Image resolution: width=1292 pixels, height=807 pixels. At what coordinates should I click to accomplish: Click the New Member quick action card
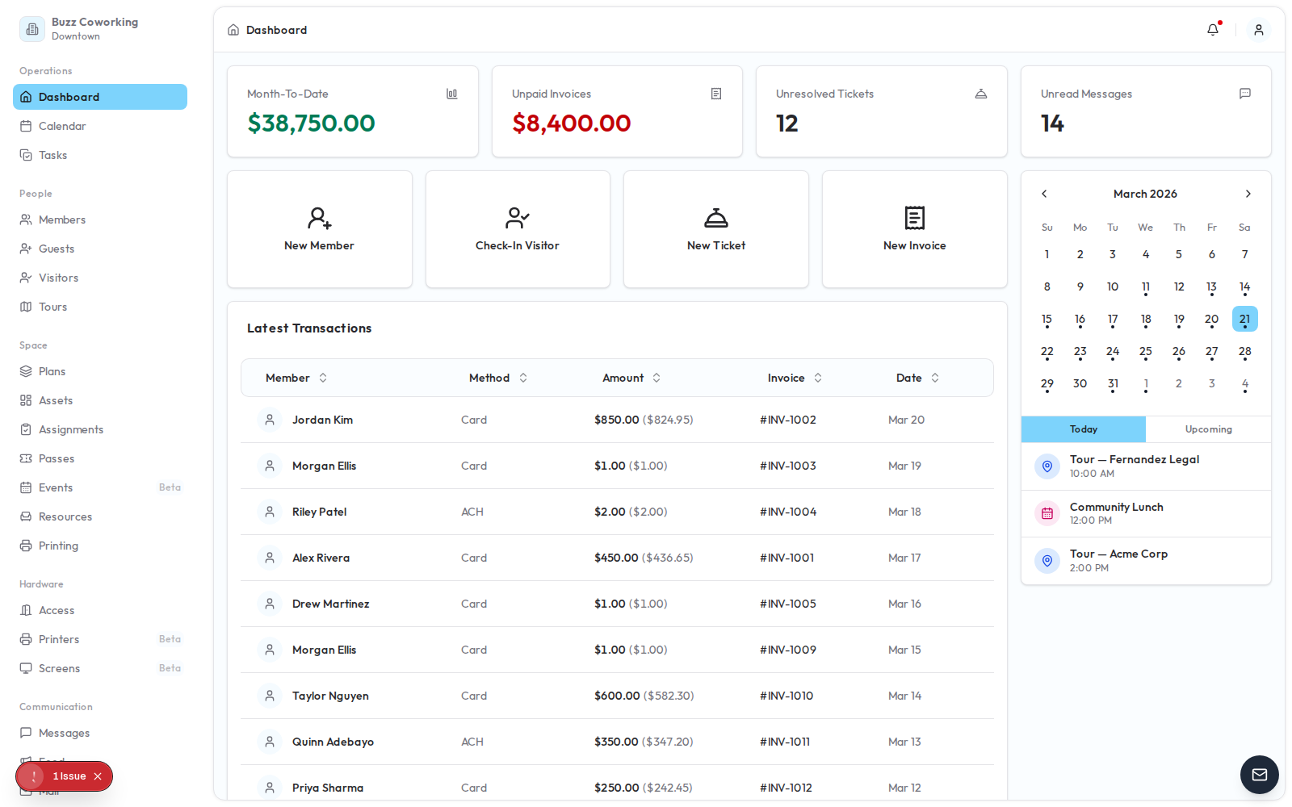click(x=319, y=229)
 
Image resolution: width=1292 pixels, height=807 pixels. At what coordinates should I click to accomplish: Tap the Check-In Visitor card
click(x=518, y=229)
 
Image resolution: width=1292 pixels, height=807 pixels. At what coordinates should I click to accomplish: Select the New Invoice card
click(x=914, y=229)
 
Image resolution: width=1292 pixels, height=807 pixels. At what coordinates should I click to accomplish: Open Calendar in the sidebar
click(x=62, y=126)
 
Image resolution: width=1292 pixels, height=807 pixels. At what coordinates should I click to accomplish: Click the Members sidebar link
click(x=62, y=220)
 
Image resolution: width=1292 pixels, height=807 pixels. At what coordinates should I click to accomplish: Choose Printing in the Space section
click(x=58, y=546)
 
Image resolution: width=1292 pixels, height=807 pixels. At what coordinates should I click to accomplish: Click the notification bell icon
click(x=1213, y=30)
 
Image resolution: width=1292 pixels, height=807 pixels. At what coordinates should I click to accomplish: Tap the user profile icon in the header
click(x=1258, y=30)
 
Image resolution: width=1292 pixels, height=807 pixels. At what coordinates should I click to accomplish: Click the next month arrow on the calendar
click(x=1248, y=194)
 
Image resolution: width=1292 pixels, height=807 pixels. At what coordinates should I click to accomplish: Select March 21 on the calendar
click(x=1244, y=319)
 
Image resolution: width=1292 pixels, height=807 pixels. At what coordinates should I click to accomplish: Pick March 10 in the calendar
click(x=1113, y=286)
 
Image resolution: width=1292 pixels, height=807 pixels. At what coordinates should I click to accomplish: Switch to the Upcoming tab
click(x=1208, y=429)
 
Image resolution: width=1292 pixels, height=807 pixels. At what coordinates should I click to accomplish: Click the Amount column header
click(x=623, y=378)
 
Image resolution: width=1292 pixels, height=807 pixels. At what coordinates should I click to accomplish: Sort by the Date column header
click(x=909, y=378)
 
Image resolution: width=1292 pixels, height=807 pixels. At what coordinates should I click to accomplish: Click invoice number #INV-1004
click(x=788, y=512)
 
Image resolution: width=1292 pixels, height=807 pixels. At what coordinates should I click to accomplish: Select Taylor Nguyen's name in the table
click(x=330, y=696)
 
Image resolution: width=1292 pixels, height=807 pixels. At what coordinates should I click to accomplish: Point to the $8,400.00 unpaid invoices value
click(x=572, y=123)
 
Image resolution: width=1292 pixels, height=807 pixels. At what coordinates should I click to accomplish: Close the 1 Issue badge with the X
click(x=98, y=776)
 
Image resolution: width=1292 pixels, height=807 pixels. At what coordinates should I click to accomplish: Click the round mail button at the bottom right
click(x=1259, y=775)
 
